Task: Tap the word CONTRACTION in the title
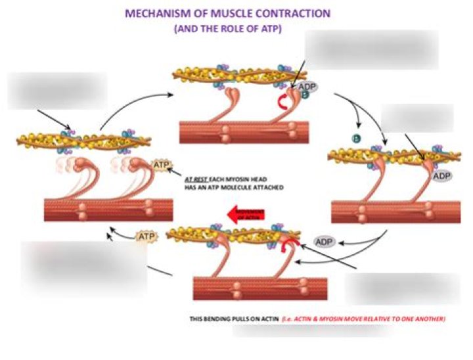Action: click(x=295, y=14)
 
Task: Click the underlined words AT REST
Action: click(x=198, y=179)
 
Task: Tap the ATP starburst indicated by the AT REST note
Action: click(x=160, y=165)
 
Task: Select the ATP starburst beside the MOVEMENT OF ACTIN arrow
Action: click(x=146, y=235)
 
